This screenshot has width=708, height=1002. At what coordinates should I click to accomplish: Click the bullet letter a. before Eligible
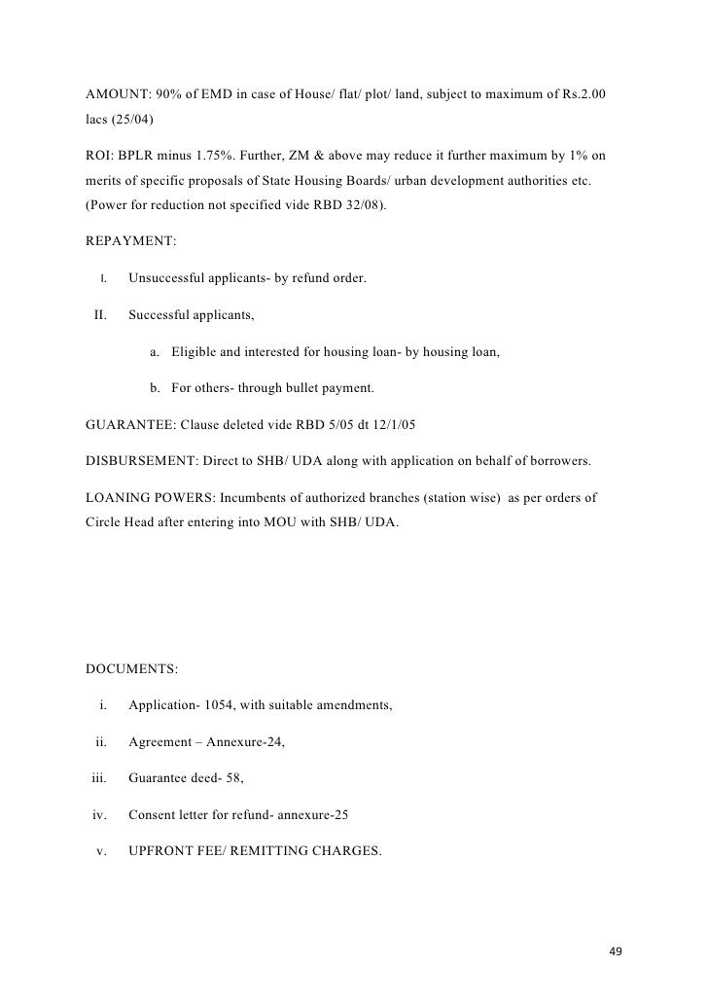156,351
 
